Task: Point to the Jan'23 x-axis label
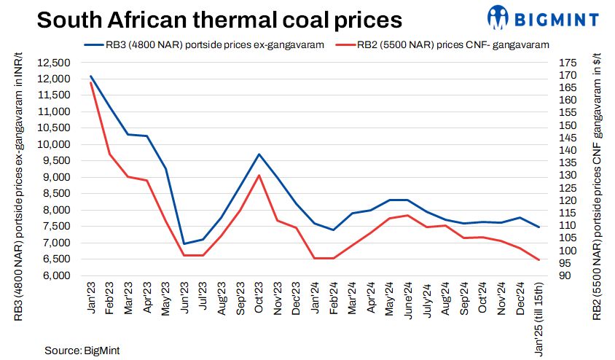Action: coord(91,294)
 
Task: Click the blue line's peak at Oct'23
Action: coord(259,154)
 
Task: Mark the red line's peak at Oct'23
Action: coord(259,175)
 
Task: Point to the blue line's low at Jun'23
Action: coord(184,243)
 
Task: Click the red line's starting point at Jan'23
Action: coord(90,82)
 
